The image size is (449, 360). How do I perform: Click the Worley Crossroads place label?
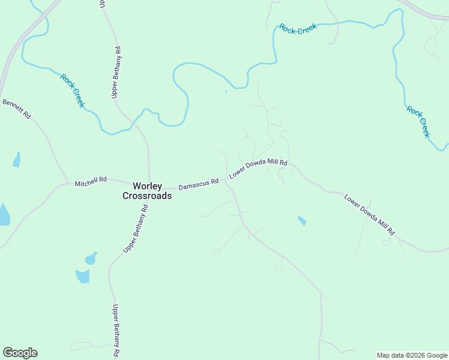(147, 191)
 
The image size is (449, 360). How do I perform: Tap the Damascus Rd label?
(198, 181)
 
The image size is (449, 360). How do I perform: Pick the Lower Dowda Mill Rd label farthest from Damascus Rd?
(369, 214)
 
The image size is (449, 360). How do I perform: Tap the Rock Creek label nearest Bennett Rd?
(73, 90)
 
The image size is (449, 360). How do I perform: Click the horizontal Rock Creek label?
(298, 28)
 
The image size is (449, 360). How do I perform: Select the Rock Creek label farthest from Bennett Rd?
(418, 122)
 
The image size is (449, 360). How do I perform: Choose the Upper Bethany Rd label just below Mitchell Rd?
(136, 229)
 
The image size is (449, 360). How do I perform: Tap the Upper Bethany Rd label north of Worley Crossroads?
(116, 72)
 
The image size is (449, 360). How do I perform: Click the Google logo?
(20, 353)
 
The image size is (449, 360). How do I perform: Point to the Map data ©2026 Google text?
(411, 355)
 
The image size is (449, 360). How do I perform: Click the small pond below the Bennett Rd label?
(16, 160)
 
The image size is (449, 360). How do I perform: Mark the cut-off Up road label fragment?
(103, 4)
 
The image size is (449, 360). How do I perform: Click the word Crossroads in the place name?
(147, 196)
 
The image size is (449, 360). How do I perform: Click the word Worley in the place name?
(147, 186)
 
